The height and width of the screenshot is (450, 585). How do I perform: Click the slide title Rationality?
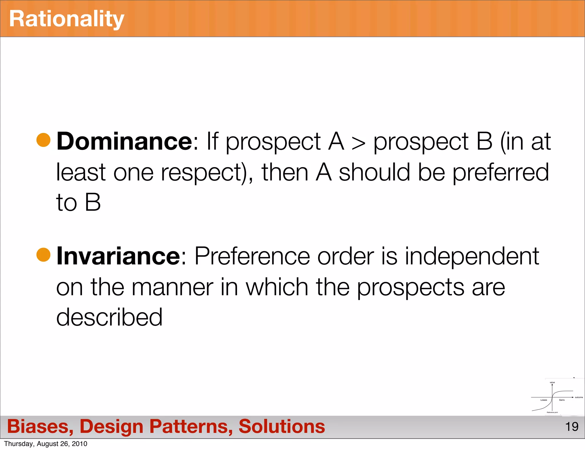point(67,19)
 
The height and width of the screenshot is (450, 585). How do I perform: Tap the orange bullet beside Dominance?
point(43,140)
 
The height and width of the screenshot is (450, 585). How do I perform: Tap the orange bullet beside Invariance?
point(43,254)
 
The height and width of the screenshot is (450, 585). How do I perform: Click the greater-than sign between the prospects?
point(358,143)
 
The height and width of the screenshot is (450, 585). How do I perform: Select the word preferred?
point(500,172)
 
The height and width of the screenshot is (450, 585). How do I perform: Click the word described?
point(109,317)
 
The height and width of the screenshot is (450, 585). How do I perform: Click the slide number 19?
point(572,427)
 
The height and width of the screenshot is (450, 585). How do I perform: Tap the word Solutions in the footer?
point(282,426)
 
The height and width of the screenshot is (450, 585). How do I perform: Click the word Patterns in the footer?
point(191,426)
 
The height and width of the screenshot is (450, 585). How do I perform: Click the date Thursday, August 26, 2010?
point(46,444)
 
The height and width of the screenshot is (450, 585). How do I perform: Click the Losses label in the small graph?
point(544,400)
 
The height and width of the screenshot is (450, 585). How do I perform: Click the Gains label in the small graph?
point(562,400)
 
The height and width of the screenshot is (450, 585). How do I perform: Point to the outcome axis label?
point(579,397)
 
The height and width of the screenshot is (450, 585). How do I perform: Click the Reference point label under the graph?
point(552,412)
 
